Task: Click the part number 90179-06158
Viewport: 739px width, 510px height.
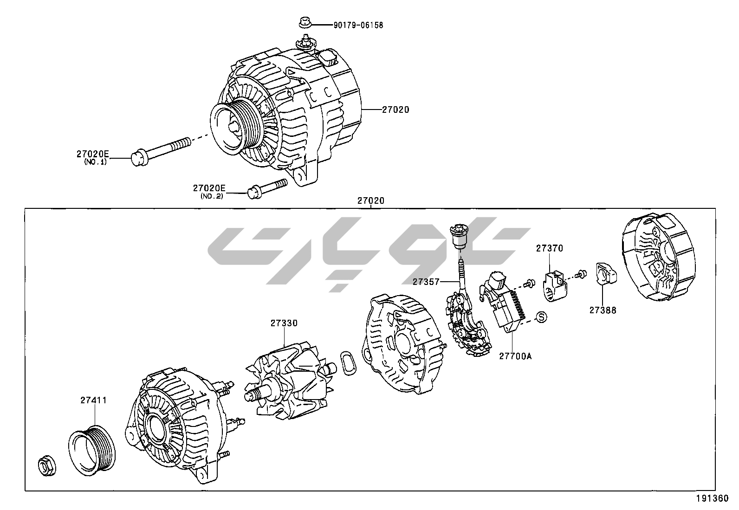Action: tap(358, 25)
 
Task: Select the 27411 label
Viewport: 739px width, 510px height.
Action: tap(93, 400)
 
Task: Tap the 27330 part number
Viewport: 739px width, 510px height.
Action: tap(284, 323)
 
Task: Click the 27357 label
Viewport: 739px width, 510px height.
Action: tap(426, 281)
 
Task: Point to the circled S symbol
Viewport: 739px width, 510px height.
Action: tap(541, 317)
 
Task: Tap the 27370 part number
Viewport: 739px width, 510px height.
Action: tap(549, 248)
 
